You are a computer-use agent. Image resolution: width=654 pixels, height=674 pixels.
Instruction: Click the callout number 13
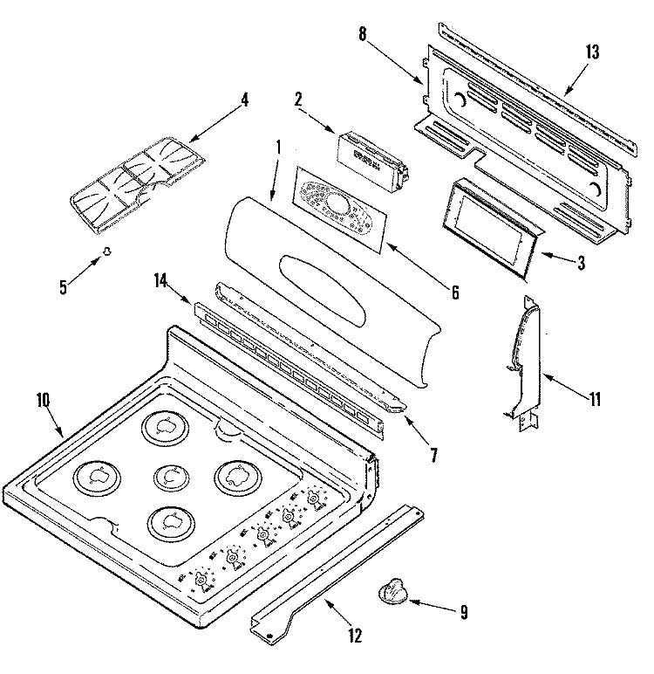pyautogui.click(x=592, y=52)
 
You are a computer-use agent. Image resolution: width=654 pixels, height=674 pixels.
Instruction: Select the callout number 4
pyautogui.click(x=245, y=100)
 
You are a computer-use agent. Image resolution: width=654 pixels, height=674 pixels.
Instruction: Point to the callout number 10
pyautogui.click(x=44, y=400)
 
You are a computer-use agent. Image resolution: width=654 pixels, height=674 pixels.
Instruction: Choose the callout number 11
pyautogui.click(x=595, y=401)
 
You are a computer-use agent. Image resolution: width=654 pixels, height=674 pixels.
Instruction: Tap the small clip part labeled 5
pyautogui.click(x=107, y=251)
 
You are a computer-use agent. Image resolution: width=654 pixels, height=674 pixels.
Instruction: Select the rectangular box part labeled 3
pyautogui.click(x=491, y=224)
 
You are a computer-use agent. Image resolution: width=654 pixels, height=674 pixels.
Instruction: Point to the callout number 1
pyautogui.click(x=278, y=148)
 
